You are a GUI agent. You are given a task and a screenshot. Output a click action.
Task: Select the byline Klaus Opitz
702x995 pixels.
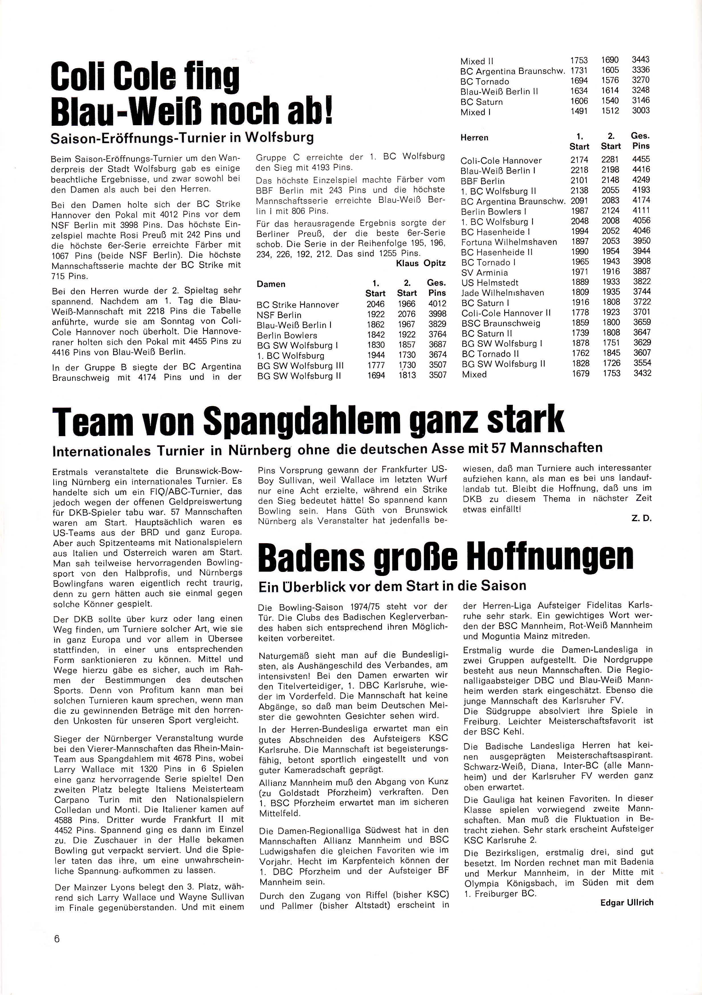click(420, 263)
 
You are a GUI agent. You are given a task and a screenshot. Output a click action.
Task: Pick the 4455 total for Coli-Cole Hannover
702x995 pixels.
click(642, 160)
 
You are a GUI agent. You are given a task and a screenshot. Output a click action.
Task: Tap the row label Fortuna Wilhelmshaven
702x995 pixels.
click(509, 242)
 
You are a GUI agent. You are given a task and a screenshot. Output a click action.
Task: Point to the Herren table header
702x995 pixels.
click(475, 137)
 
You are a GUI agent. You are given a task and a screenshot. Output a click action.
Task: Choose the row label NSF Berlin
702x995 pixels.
click(279, 315)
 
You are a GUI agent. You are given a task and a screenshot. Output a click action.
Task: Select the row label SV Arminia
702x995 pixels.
click(484, 273)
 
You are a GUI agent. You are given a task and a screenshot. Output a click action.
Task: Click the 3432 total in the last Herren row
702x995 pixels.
click(642, 373)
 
